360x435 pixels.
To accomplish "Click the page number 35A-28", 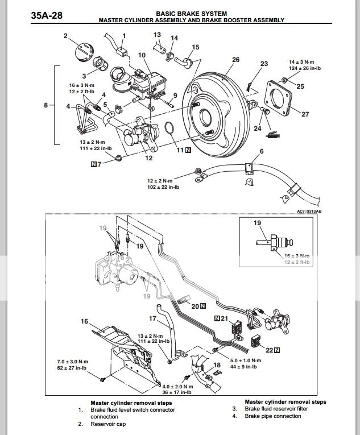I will point(46,15).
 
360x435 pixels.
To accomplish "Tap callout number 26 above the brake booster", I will point(235,60).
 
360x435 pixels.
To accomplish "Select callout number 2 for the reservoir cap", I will point(65,37).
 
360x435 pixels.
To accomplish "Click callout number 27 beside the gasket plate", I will point(305,114).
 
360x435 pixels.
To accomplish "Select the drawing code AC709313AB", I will point(309,211).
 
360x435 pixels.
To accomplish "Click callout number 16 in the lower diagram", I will point(85,322).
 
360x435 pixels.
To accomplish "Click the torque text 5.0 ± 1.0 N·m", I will point(246,360).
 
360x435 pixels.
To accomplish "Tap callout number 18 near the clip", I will point(217,364).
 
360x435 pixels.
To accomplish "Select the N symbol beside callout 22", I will point(277,351).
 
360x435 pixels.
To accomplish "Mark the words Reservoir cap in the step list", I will point(110,424).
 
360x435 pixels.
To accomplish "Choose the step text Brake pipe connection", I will point(272,416).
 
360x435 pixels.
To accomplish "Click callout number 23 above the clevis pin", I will point(264,64).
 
